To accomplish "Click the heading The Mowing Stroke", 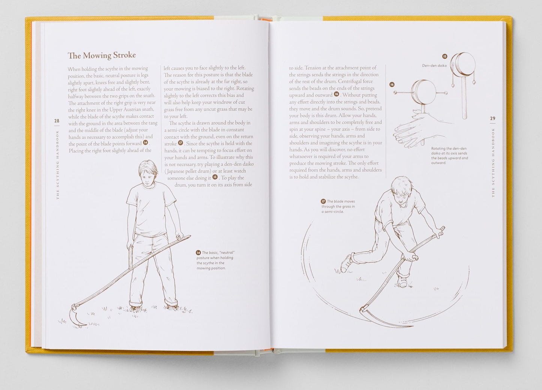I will pyautogui.click(x=102, y=55).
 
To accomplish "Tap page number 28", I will pyautogui.click(x=57, y=121).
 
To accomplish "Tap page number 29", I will pyautogui.click(x=492, y=118).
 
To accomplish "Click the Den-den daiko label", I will pyautogui.click(x=434, y=66).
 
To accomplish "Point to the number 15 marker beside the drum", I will pyautogui.click(x=444, y=56).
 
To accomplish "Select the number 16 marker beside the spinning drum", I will pyautogui.click(x=392, y=85).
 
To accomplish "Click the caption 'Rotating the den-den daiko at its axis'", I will pyautogui.click(x=449, y=156).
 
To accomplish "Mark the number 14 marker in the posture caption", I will pyautogui.click(x=198, y=253).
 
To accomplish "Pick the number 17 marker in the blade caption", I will pyautogui.click(x=323, y=201).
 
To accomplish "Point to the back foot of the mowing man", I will pyautogui.click(x=346, y=263).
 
